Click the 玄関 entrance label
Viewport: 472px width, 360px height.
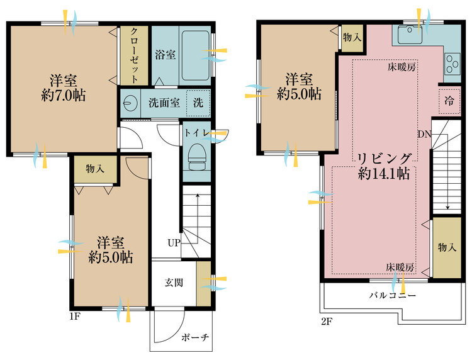pos(174,283)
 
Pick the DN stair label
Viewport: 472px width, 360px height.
pos(424,133)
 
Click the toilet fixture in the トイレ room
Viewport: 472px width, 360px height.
pos(196,154)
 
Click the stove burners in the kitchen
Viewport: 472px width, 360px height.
pos(452,62)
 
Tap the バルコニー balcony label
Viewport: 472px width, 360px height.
pos(392,296)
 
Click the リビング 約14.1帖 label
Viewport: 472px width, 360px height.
pos(385,166)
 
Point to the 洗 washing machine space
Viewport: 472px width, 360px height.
pos(198,103)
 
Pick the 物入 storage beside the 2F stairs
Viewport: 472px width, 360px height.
pos(447,247)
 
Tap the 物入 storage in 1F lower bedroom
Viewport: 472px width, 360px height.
pos(95,169)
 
